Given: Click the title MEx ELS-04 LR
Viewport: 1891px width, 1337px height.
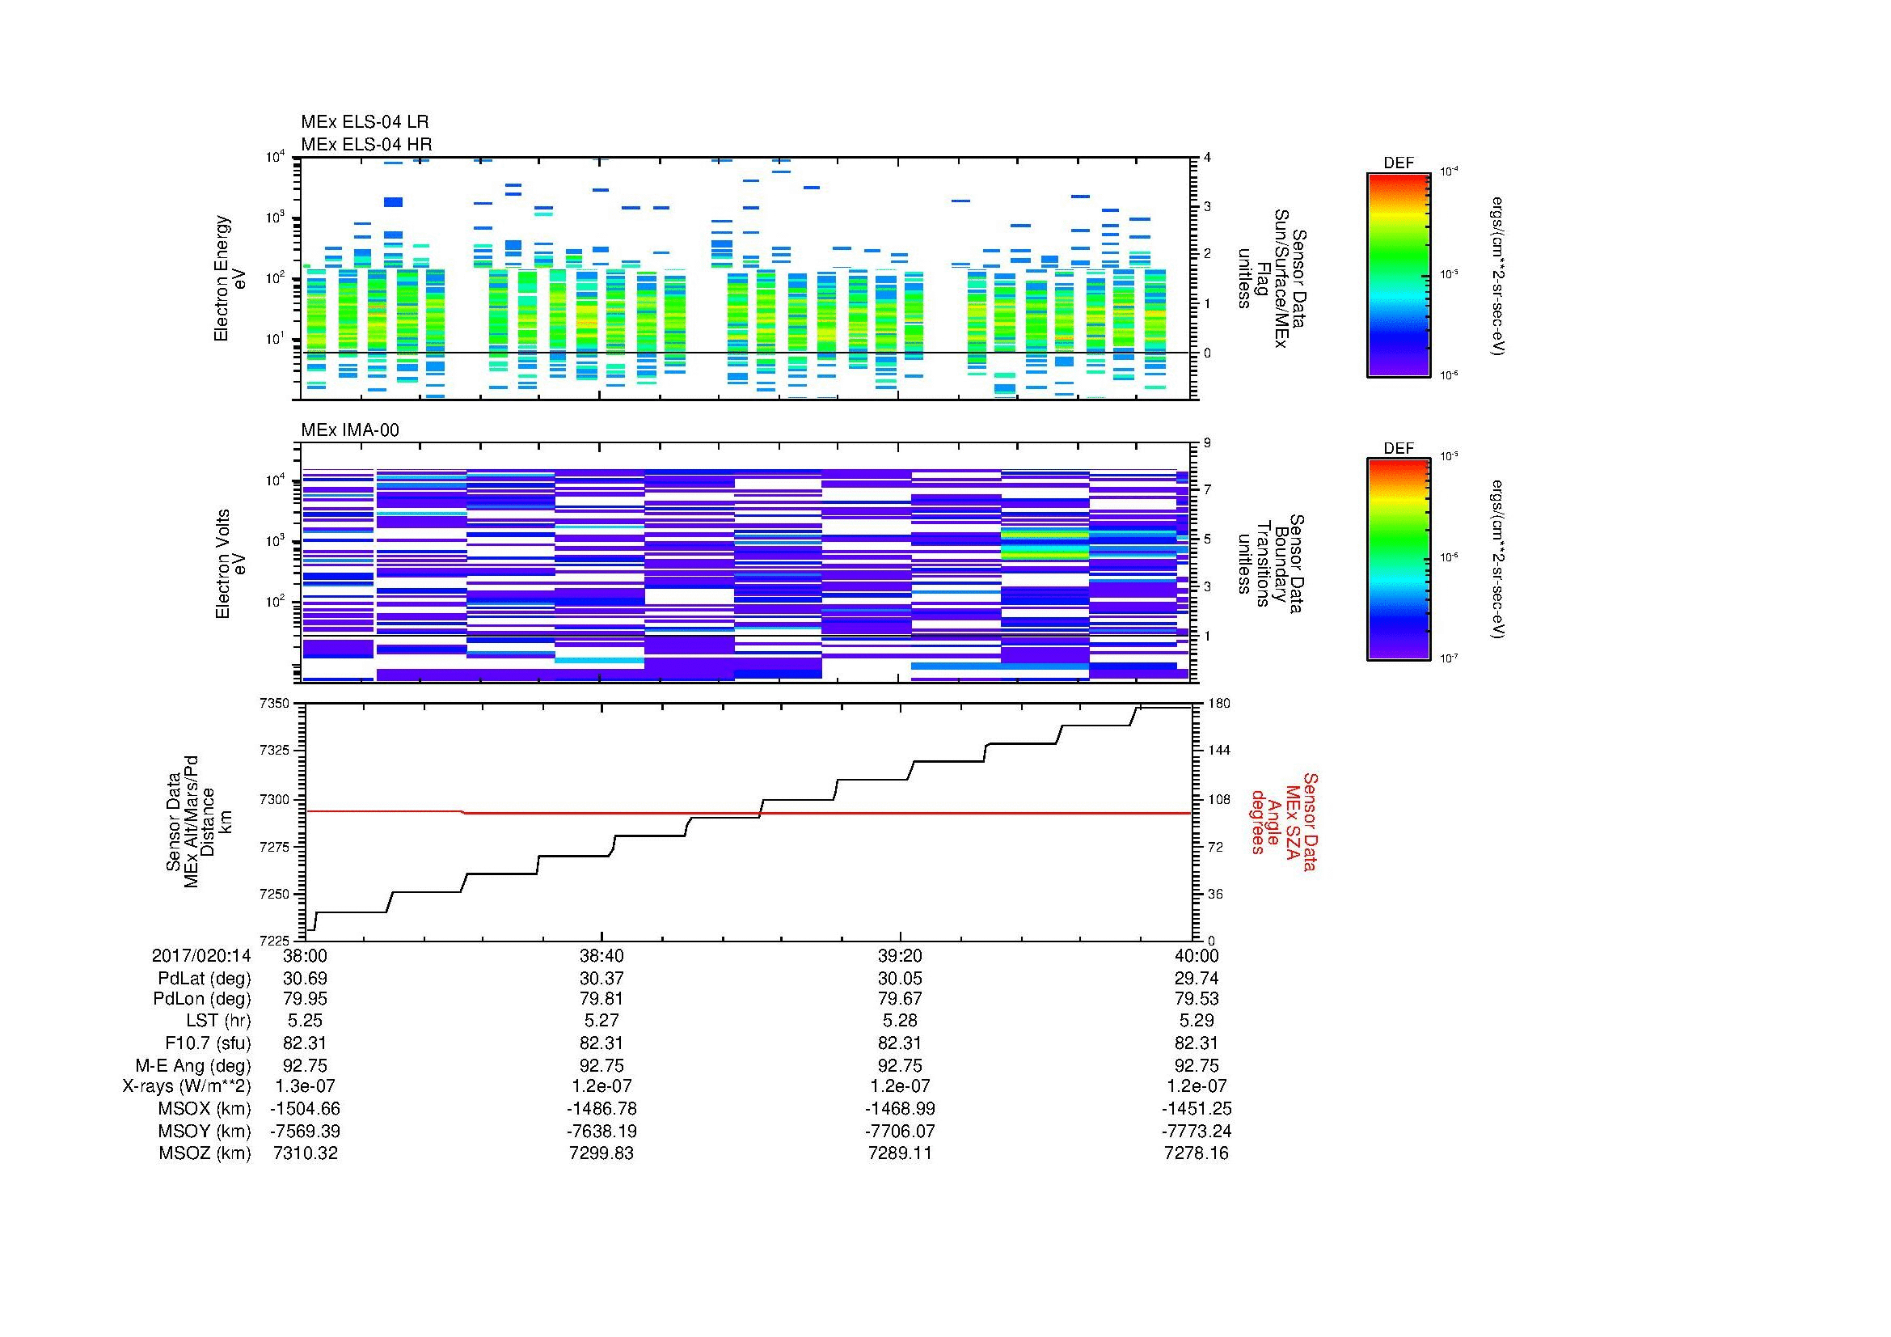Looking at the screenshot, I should coord(364,122).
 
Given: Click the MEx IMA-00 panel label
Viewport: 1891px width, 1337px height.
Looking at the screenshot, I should coord(349,430).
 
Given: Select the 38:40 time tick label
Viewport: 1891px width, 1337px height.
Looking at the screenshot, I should coord(601,955).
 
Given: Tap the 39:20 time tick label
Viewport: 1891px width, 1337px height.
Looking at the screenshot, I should coord(900,955).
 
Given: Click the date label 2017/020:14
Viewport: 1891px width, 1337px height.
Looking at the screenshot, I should coord(201,955).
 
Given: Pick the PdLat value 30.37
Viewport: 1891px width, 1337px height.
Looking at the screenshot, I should coord(601,978).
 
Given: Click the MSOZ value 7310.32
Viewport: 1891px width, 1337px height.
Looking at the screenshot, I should coord(305,1153).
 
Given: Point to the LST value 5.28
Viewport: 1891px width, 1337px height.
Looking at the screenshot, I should coord(900,1021).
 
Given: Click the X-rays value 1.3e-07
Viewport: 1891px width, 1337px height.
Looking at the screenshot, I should coord(305,1086).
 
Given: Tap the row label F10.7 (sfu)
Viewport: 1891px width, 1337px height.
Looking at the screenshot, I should coord(208,1043).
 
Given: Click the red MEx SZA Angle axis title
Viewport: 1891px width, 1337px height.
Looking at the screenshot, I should coord(1284,821).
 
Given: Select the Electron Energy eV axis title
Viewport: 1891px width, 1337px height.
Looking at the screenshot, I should coord(230,278).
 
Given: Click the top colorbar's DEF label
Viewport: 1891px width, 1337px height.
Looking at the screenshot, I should coord(1398,163).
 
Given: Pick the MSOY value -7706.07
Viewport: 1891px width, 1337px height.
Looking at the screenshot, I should coord(900,1131).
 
